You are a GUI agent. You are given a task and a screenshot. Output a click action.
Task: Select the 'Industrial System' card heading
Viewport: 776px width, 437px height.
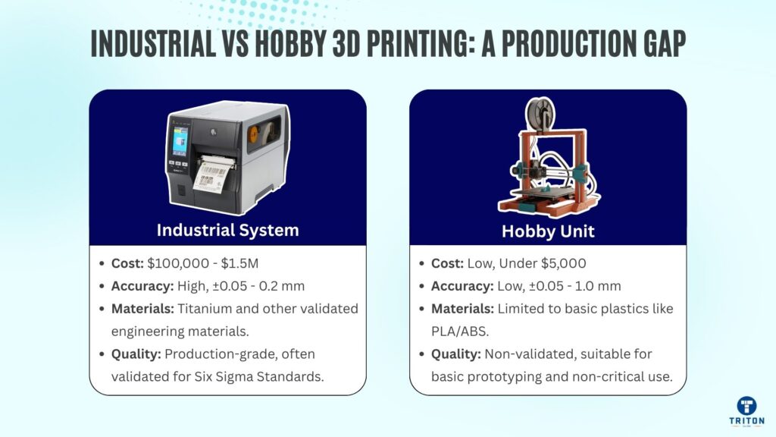click(x=227, y=230)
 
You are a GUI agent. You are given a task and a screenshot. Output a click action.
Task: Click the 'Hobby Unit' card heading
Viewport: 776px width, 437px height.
click(x=548, y=231)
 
